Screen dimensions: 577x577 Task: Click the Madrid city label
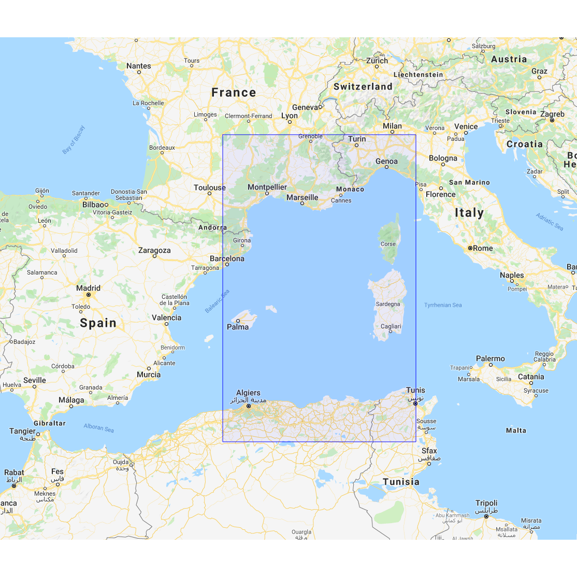tap(88, 288)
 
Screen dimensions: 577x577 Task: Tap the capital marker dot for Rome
tap(470, 248)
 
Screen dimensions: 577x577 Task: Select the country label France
tap(234, 93)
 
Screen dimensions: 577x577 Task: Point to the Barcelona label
tap(227, 258)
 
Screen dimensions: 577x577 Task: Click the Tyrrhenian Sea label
tap(443, 305)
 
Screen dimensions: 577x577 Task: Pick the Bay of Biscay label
tap(74, 140)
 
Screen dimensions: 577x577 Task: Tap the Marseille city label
tap(302, 197)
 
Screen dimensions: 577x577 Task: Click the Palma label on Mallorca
tap(238, 327)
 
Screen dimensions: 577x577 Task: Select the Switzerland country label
tap(363, 86)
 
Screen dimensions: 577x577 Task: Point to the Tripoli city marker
tap(486, 516)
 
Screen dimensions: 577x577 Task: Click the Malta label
tap(516, 430)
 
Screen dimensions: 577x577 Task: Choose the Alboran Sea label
tap(98, 428)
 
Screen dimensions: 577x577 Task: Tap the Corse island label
tap(388, 244)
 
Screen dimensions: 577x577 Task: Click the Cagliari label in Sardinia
tap(391, 326)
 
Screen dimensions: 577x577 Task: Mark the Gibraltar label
tap(50, 423)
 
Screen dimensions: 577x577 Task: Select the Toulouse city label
tap(210, 187)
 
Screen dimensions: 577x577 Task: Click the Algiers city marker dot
tap(249, 406)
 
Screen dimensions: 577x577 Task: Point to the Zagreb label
tap(552, 114)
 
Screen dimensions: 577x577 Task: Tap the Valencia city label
tap(166, 318)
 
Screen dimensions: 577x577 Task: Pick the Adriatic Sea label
tap(550, 222)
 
